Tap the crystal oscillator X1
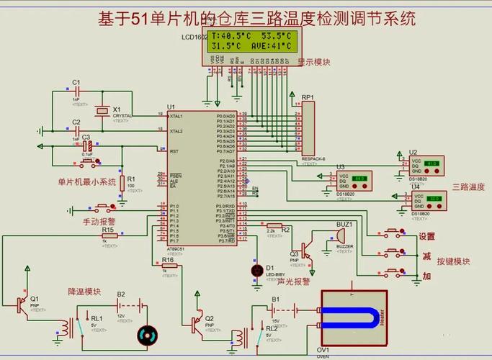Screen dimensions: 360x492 coord(102,110)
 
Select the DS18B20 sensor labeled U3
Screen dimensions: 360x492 coord(352,179)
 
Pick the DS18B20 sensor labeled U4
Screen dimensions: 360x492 coord(426,199)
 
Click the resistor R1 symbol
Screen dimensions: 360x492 coord(122,181)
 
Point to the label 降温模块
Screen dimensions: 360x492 coord(84,292)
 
